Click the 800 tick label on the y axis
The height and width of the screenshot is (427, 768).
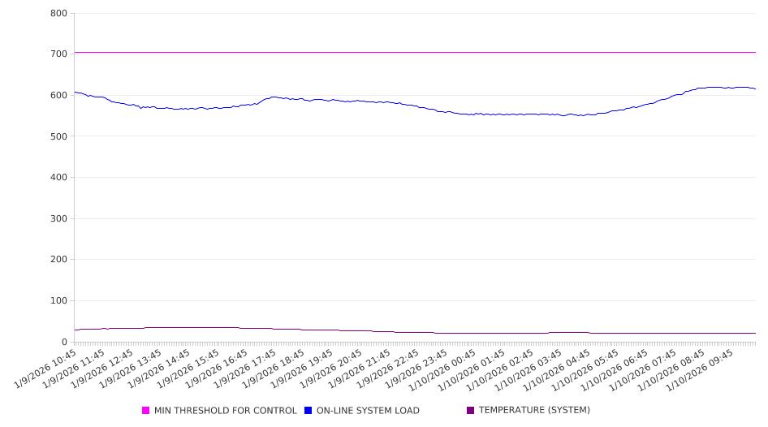coord(58,13)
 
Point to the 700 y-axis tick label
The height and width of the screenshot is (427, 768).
coord(58,54)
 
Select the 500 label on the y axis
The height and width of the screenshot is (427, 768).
coord(58,136)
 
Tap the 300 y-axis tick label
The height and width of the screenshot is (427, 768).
coord(58,218)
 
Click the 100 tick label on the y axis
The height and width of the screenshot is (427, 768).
coord(58,301)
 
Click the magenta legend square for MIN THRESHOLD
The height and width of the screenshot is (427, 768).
coord(146,411)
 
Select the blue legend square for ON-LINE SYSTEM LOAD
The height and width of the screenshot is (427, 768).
coord(308,411)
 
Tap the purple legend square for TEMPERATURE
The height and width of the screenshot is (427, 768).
coord(471,411)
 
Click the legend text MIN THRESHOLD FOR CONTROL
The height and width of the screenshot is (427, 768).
coord(225,411)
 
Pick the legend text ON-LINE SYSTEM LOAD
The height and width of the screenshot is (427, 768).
coord(368,411)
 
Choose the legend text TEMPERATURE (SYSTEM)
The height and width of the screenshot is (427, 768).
coord(534,411)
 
